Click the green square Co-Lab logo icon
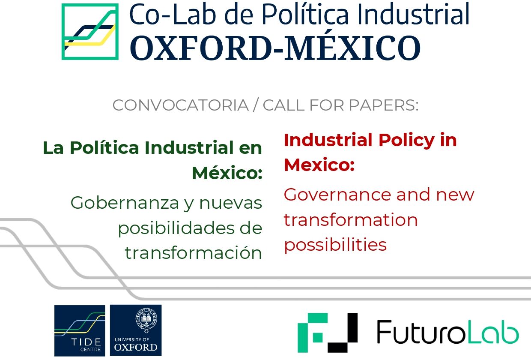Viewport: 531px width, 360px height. pos(90,32)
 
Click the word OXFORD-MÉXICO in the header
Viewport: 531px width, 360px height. pos(275,48)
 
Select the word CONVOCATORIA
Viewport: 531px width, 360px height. pos(181,105)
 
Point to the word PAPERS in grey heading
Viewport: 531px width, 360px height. pos(384,105)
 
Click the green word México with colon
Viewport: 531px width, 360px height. pos(227,173)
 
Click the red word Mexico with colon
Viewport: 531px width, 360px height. pos(319,165)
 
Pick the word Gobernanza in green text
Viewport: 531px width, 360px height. pos(125,203)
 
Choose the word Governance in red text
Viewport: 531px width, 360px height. pos(337,195)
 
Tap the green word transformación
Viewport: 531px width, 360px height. pos(194,253)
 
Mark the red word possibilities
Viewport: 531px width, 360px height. pos(335,245)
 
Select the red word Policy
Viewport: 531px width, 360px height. pos(406,141)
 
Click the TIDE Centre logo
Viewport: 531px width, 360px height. pos(80,330)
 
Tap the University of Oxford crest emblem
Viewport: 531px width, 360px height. pos(146,320)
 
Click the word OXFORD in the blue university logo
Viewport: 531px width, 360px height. pos(136,348)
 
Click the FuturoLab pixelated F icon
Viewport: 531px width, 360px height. pos(328,333)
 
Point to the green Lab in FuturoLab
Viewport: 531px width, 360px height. pos(494,332)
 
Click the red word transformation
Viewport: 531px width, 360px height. pos(351,220)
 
